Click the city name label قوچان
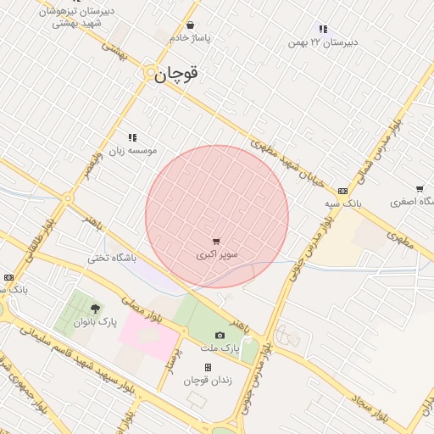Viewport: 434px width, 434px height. pyautogui.click(x=176, y=75)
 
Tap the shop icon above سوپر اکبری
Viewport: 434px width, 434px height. pyautogui.click(x=216, y=242)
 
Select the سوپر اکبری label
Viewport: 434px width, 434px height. pyautogui.click(x=218, y=254)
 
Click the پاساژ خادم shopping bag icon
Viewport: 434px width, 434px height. pyautogui.click(x=190, y=25)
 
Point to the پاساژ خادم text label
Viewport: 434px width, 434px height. pyautogui.click(x=190, y=38)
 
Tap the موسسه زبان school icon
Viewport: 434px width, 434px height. pyautogui.click(x=132, y=137)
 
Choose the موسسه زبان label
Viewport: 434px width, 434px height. pyautogui.click(x=131, y=150)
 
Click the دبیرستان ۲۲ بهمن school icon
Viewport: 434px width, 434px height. pyautogui.click(x=323, y=29)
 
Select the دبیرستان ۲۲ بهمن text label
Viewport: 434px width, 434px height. pyautogui.click(x=323, y=42)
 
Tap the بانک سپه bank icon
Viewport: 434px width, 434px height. pyautogui.click(x=342, y=192)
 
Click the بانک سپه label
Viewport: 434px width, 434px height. pyautogui.click(x=343, y=204)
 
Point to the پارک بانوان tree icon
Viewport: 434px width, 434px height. pyautogui.click(x=94, y=309)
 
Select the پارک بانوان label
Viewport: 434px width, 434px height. pyautogui.click(x=94, y=322)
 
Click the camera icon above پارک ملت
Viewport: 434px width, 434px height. pyautogui.click(x=220, y=336)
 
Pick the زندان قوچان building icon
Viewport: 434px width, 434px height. pyautogui.click(x=208, y=367)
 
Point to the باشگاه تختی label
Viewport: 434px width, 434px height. pyautogui.click(x=109, y=258)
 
